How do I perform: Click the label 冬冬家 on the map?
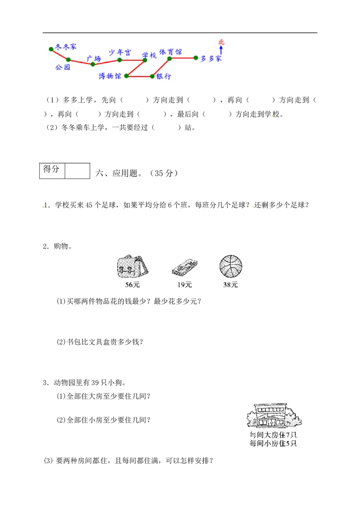[66, 47]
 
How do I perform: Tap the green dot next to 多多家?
[196, 58]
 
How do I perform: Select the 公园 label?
[63, 67]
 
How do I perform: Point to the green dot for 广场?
[93, 64]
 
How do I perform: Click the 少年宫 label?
[120, 52]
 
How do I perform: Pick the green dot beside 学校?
[145, 60]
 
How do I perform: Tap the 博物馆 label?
[110, 76]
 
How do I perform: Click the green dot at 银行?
[153, 76]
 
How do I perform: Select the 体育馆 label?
[171, 52]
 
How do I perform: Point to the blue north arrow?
[221, 50]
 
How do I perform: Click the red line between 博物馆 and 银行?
[139, 76]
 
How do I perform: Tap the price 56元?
[132, 285]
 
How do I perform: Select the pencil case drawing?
[184, 268]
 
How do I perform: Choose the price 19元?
[184, 285]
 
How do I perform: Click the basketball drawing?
[231, 267]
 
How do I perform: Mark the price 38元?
[231, 285]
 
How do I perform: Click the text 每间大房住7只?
[274, 435]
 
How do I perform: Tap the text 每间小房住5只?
[274, 443]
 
